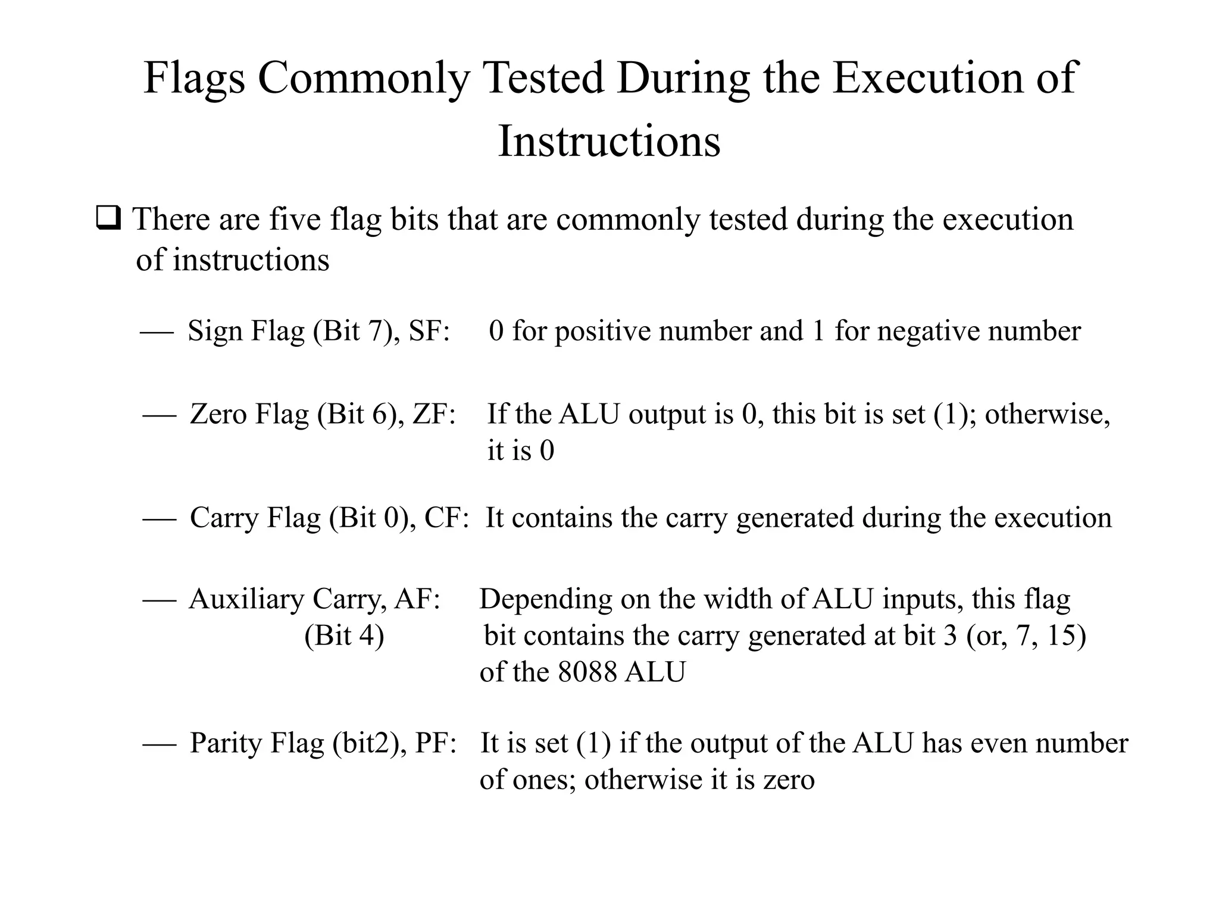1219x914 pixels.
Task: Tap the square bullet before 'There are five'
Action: (x=108, y=219)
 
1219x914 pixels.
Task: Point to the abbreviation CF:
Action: (x=446, y=517)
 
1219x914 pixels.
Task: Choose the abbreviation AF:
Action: (x=417, y=599)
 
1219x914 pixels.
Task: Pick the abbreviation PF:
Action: (x=436, y=743)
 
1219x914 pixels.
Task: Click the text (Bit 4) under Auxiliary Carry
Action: (x=344, y=636)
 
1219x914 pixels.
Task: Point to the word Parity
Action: (x=226, y=744)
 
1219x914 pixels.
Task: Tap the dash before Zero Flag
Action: (x=160, y=415)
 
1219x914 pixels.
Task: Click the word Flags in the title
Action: (x=194, y=79)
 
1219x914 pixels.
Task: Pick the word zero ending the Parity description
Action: (x=789, y=780)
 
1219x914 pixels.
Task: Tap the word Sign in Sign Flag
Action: (x=214, y=331)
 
